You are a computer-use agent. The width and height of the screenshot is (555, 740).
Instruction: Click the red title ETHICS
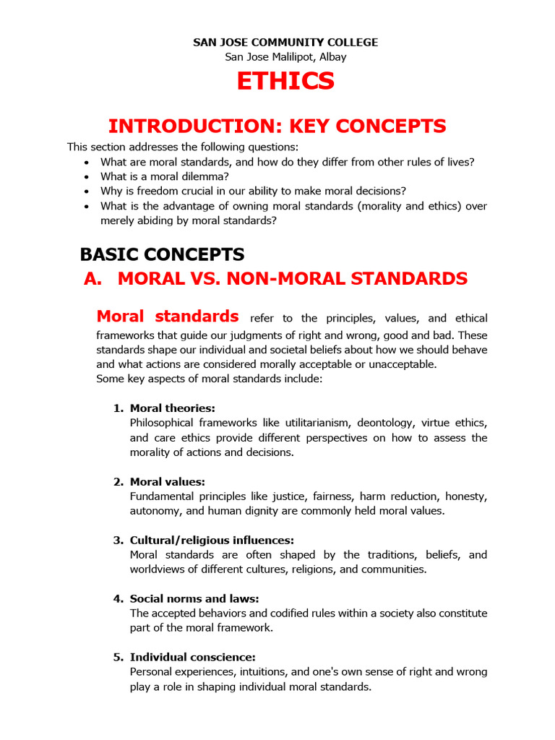(x=285, y=82)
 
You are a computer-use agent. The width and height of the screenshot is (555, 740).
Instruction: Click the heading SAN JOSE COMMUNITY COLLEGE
(x=285, y=43)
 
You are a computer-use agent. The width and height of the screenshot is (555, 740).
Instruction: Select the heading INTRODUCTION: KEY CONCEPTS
(x=277, y=126)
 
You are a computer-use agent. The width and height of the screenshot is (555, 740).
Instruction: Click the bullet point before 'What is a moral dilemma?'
(x=87, y=177)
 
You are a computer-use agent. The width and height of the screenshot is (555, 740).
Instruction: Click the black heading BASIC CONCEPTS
(x=162, y=254)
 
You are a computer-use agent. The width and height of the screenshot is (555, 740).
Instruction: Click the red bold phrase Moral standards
(x=168, y=317)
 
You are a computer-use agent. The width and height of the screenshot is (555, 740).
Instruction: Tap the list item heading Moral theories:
(x=172, y=408)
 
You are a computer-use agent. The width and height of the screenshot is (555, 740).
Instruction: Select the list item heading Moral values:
(x=168, y=481)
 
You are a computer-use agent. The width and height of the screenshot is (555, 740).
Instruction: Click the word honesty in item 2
(x=466, y=496)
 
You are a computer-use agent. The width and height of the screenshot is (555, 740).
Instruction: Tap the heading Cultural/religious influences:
(x=212, y=540)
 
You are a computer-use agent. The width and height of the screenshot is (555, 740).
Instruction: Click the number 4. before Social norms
(x=119, y=598)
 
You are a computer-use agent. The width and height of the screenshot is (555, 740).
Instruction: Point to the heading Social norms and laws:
(x=194, y=598)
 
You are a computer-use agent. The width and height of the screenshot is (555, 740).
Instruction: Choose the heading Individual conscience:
(x=192, y=657)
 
